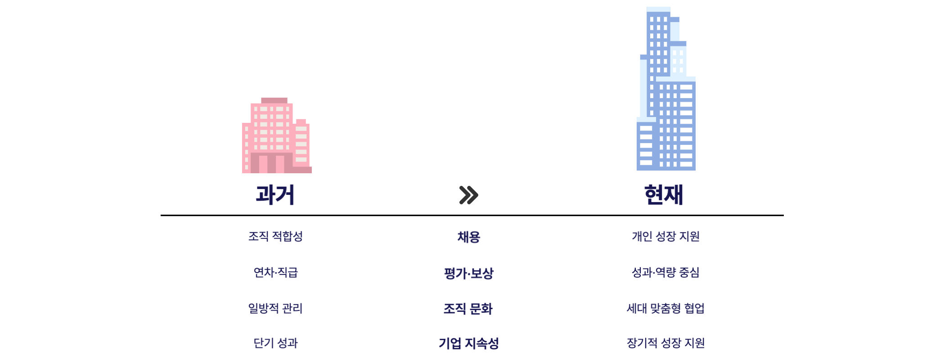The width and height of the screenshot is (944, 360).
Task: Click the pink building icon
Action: point(276,136)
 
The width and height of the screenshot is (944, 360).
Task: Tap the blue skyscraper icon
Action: point(666,90)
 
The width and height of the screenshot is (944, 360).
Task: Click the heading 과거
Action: point(275,195)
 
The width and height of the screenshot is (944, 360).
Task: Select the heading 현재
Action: point(664,195)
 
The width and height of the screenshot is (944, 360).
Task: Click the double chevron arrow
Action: point(468,195)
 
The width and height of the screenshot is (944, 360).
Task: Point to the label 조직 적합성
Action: point(275,236)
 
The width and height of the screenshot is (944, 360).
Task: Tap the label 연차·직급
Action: point(275,272)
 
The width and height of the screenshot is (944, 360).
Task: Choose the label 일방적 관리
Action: point(275,308)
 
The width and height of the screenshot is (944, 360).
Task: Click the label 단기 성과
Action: point(275,343)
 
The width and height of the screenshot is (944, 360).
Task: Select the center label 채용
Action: point(468,237)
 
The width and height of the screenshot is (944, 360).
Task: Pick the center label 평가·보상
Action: point(468,273)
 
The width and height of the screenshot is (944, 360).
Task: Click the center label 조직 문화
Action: point(468,308)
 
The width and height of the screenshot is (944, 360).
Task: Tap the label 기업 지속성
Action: point(468,343)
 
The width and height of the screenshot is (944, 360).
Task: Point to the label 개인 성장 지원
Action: point(665,236)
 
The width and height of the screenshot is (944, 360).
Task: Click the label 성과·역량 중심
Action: point(665,272)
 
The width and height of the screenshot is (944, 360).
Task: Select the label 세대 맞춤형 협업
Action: point(665,308)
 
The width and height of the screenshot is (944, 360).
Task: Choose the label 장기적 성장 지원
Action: point(665,343)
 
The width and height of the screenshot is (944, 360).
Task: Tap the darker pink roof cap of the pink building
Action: point(274,100)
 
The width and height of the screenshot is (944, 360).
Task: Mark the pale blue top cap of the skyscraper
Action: point(658,9)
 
